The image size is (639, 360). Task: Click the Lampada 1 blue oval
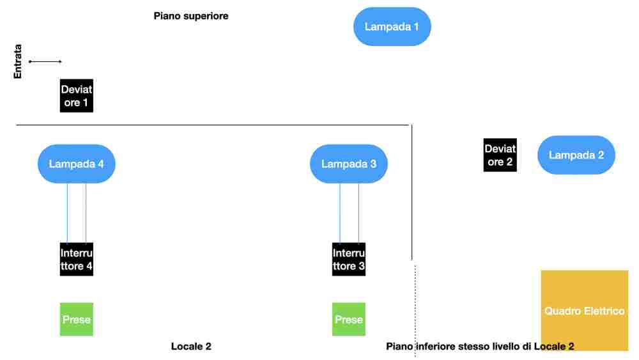(x=392, y=27)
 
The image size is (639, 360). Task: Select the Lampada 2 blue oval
(x=576, y=155)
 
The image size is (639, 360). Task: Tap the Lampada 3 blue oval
(x=348, y=164)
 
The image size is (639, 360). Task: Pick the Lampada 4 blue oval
(x=76, y=164)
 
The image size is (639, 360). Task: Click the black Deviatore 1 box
(x=77, y=96)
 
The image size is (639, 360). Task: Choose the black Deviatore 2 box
(x=500, y=155)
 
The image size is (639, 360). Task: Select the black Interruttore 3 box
(x=349, y=259)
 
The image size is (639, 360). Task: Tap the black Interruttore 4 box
(x=77, y=259)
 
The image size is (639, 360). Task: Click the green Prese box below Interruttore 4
(x=77, y=319)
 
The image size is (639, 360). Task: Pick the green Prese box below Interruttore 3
(x=349, y=319)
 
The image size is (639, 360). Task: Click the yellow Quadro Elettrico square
(x=584, y=311)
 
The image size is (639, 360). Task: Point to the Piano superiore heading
(x=191, y=16)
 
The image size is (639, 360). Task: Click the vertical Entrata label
(x=18, y=61)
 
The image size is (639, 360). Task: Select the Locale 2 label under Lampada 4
(x=191, y=347)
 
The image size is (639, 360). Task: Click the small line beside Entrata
(x=45, y=61)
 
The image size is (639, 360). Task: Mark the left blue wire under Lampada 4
(x=67, y=213)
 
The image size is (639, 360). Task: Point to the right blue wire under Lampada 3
(x=358, y=213)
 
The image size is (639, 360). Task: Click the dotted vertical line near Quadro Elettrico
(x=415, y=301)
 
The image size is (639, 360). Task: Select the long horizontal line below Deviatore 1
(x=211, y=125)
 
